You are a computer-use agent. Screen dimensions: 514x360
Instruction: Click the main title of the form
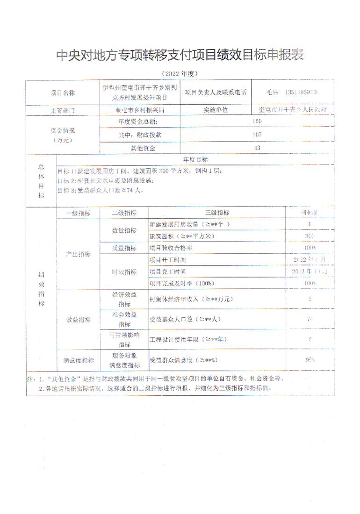pyautogui.click(x=180, y=55)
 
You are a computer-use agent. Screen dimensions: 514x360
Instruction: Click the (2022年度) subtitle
pyautogui.click(x=180, y=73)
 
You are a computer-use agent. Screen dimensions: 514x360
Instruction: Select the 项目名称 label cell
pyautogui.click(x=69, y=93)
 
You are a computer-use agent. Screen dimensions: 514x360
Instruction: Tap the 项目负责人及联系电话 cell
pyautogui.click(x=215, y=93)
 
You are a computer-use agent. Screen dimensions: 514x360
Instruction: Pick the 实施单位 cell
pyautogui.click(x=216, y=110)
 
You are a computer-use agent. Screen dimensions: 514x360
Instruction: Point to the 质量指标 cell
pyautogui.click(x=124, y=248)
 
